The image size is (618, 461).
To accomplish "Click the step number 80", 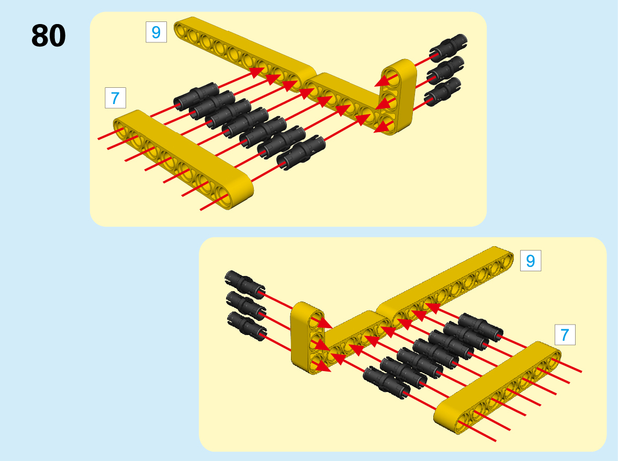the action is [x=49, y=36].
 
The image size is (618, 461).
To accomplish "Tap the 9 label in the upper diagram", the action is [x=156, y=32].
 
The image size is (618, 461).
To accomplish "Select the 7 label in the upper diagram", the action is [x=115, y=98].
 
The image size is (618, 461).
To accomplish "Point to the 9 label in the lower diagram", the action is [x=531, y=261].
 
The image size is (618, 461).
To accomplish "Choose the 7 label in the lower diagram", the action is [x=565, y=335].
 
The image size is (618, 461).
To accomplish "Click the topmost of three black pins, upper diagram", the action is [x=448, y=48].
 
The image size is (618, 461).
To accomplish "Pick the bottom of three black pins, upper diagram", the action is [x=443, y=91].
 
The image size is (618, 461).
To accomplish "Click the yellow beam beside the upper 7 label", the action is [x=183, y=159].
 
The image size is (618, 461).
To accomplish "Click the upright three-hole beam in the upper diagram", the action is [x=398, y=97].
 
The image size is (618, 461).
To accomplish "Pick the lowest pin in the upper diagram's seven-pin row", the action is [x=301, y=153].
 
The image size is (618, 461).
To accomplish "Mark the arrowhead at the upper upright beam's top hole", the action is [x=384, y=80].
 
